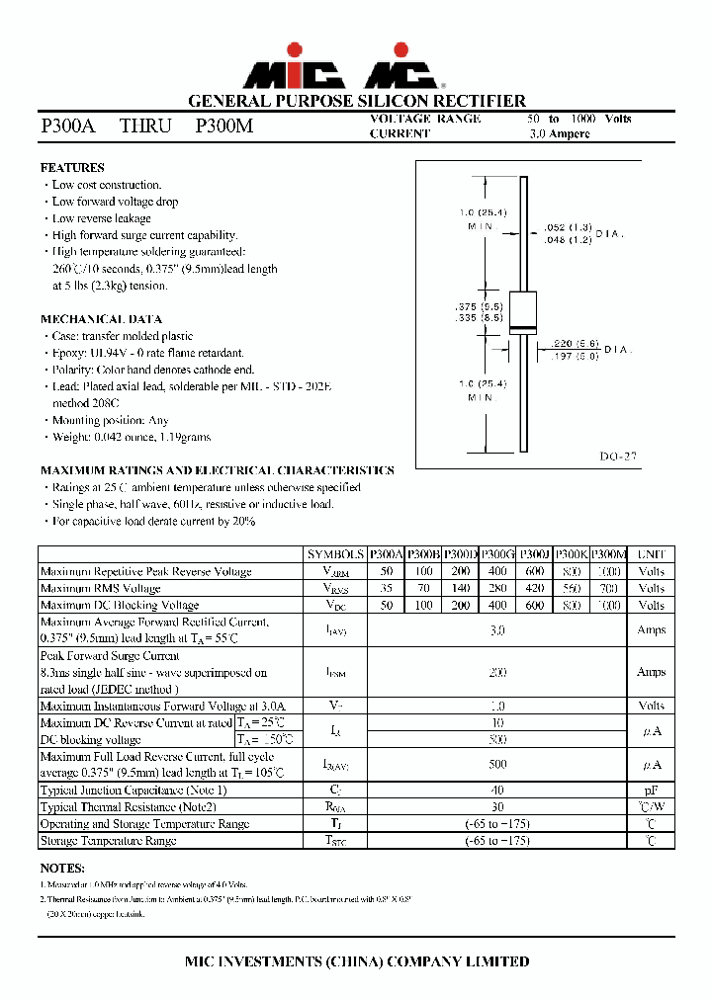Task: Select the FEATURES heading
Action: tap(72, 168)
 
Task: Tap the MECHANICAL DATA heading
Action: tap(101, 319)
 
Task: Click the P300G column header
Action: tap(497, 555)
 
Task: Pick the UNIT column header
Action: tap(651, 555)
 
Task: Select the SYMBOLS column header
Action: tap(335, 555)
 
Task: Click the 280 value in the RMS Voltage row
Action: tap(497, 589)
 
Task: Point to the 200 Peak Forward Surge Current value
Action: tap(497, 672)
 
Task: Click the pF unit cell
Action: tap(651, 791)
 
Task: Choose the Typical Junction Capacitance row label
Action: tap(133, 791)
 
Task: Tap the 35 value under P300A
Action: tap(386, 589)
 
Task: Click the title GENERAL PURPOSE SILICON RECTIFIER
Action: tap(356, 101)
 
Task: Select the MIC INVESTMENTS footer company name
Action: tap(356, 961)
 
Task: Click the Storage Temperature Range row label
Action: tap(109, 841)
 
